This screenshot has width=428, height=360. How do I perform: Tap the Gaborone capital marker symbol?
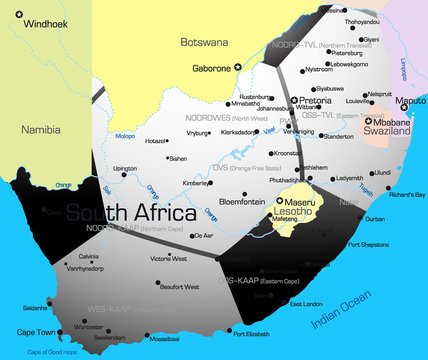238,67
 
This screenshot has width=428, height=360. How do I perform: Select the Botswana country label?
204,43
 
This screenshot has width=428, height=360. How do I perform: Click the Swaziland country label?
386,130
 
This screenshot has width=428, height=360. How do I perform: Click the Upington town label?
125,168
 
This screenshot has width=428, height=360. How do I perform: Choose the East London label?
305,303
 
